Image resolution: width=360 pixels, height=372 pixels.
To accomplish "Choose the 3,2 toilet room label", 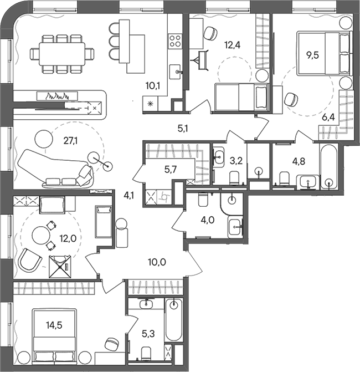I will (x=236, y=162).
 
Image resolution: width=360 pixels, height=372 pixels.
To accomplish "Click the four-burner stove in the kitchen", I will (x=176, y=40).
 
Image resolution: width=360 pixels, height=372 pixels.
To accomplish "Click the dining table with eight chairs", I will (x=61, y=54).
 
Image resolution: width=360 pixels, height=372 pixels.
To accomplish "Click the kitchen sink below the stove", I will (x=176, y=71).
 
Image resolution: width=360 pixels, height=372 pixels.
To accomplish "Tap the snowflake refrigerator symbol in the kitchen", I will (x=150, y=104).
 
